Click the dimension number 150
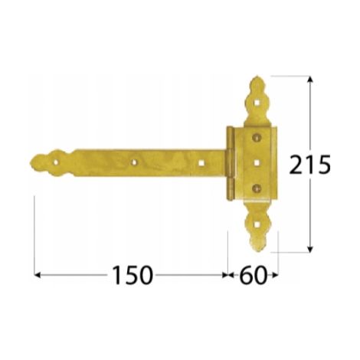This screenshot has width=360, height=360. [133, 275]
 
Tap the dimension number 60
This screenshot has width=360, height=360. [253, 275]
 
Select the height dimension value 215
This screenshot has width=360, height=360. [310, 165]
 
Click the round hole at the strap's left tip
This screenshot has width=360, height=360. [56, 162]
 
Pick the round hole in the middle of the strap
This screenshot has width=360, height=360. [133, 162]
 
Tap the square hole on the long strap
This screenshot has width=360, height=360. [202, 162]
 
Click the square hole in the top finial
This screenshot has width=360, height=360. [257, 103]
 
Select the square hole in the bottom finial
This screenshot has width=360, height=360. [257, 224]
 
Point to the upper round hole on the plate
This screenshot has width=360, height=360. [256, 138]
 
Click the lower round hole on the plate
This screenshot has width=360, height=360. [256, 188]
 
